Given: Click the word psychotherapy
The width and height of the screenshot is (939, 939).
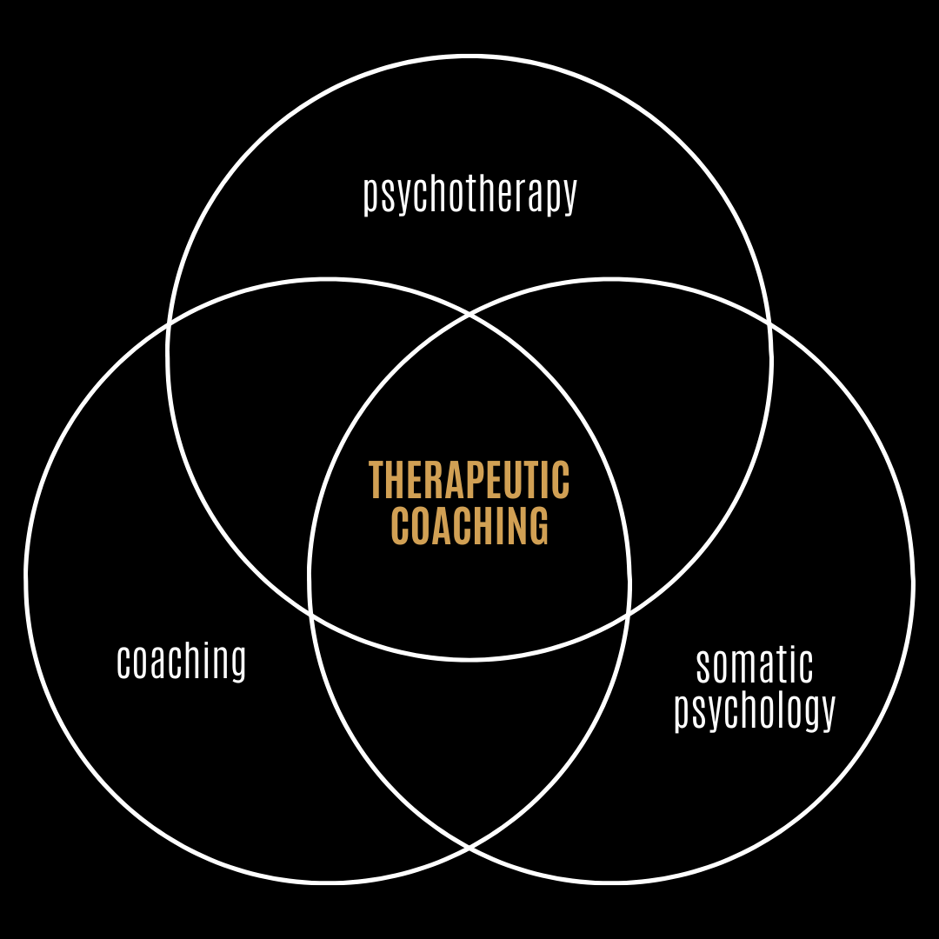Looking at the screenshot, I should pyautogui.click(x=469, y=195).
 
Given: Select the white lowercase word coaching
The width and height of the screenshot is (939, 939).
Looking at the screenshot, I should pyautogui.click(x=182, y=662).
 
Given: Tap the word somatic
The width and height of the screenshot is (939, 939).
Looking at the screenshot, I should pyautogui.click(x=755, y=666).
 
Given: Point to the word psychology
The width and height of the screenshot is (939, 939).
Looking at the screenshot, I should pyautogui.click(x=755, y=711).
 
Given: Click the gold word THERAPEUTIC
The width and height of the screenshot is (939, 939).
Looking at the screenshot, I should pyautogui.click(x=469, y=480).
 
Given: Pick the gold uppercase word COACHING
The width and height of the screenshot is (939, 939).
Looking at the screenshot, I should pyautogui.click(x=469, y=525).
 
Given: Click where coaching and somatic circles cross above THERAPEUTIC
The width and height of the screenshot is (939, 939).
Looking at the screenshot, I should pyautogui.click(x=469, y=315).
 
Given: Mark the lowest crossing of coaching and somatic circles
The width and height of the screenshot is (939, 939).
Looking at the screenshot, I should pyautogui.click(x=469, y=846).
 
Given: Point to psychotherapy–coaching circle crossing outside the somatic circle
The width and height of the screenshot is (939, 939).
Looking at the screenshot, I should pyautogui.click(x=168, y=323).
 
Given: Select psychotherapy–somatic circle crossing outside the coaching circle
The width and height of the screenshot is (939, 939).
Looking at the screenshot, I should pyautogui.click(x=770, y=323).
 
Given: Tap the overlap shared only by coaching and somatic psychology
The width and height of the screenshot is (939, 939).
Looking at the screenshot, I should pyautogui.click(x=469, y=739).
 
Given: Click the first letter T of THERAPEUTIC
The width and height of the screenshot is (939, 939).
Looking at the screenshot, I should pyautogui.click(x=376, y=480).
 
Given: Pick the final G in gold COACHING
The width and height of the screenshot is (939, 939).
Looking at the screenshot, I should pyautogui.click(x=540, y=525).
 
